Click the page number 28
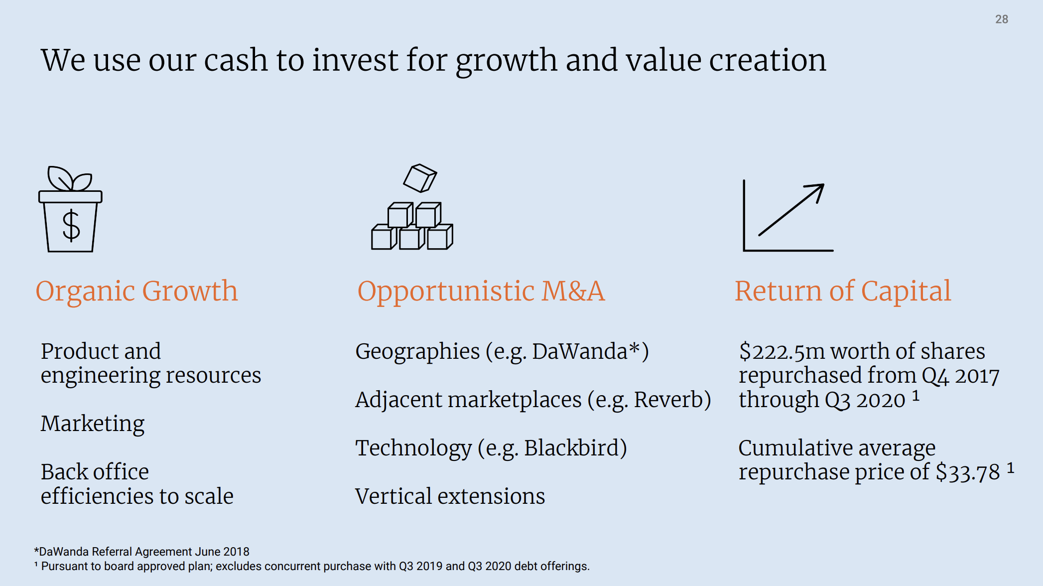coord(1001,19)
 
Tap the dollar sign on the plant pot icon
coord(71,226)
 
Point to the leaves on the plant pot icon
coord(69,178)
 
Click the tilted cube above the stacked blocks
coord(420,178)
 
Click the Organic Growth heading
coord(136,292)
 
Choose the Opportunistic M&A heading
coord(481,292)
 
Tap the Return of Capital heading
coord(843,292)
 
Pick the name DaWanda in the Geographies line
coord(580,351)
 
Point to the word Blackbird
coord(571,448)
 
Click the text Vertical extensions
coord(450,496)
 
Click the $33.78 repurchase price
coord(968,472)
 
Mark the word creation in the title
coord(768,60)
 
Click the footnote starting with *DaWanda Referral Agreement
coord(141,552)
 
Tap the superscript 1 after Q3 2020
coord(915,396)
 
